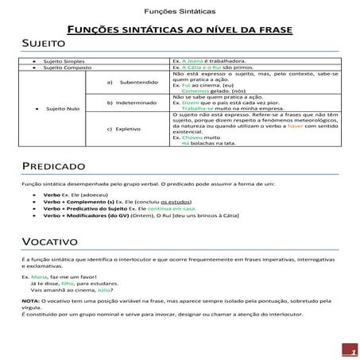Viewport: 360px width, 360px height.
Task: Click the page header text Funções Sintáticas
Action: [x=180, y=13]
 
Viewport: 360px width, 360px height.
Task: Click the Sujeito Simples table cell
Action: [x=63, y=60]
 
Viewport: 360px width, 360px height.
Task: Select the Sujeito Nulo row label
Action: [x=63, y=108]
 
